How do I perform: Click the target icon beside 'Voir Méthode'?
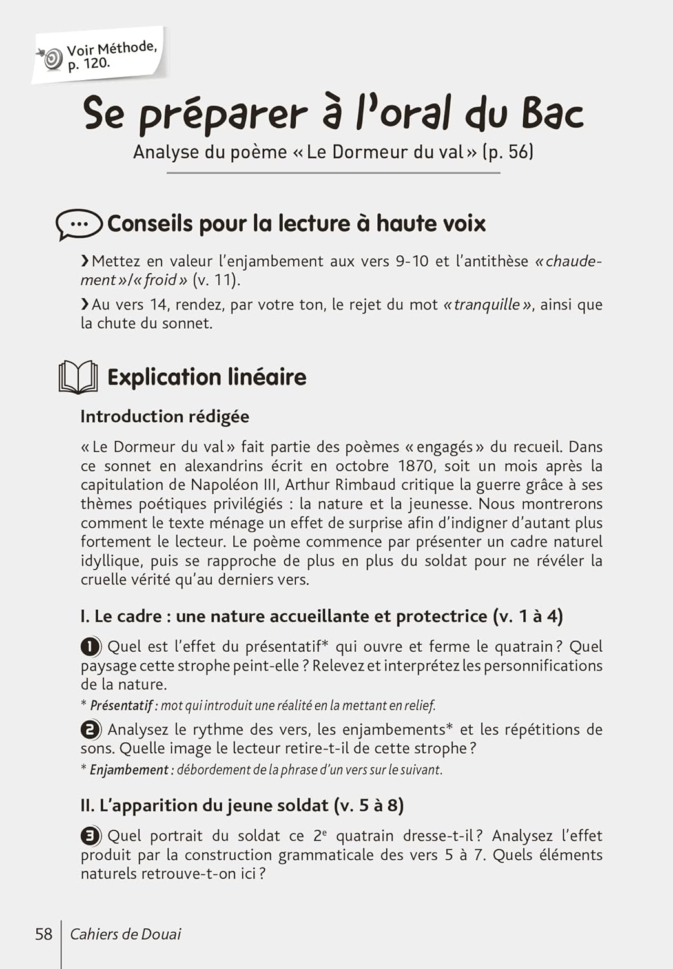[x=51, y=59]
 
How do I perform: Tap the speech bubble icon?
[x=79, y=224]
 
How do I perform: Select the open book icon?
[x=78, y=377]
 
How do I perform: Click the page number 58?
[x=43, y=934]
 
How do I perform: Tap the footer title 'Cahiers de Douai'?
[x=125, y=934]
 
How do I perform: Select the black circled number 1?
[x=90, y=647]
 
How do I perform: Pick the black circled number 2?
[x=90, y=730]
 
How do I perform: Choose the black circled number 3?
[x=90, y=836]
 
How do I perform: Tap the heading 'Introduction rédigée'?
[x=165, y=417]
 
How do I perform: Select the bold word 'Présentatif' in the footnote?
[x=121, y=705]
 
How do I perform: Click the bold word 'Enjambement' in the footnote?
[x=129, y=770]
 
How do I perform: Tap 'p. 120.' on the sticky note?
[x=89, y=64]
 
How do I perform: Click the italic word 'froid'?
[x=160, y=280]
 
